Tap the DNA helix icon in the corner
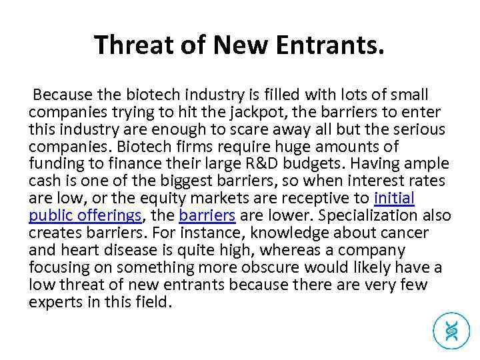[451, 329]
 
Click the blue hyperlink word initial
[395, 199]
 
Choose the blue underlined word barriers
[207, 216]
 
